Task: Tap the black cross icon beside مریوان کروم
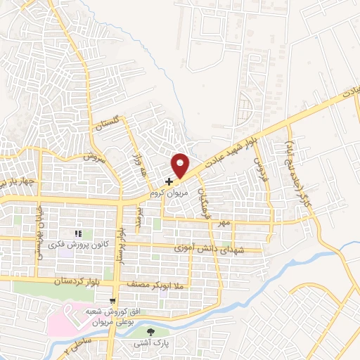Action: [168, 181]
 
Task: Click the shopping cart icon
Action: [112, 301]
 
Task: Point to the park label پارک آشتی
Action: [153, 344]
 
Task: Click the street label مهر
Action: [224, 222]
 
